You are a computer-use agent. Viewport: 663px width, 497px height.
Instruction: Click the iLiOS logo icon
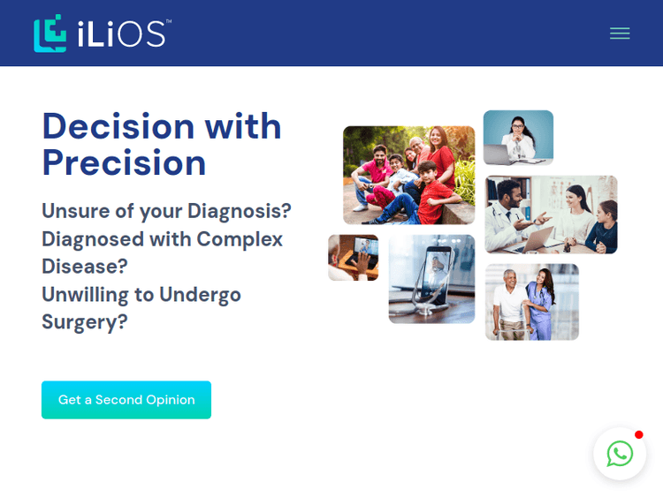coord(50,34)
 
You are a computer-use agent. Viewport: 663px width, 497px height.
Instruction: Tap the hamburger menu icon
coord(620,34)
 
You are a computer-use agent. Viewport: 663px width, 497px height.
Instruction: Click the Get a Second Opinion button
coord(126,400)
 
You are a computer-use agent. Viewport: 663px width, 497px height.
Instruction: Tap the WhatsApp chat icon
coord(620,454)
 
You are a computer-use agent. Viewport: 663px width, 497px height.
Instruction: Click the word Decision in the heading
coord(118,126)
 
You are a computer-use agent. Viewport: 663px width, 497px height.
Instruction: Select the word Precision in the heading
coord(124,162)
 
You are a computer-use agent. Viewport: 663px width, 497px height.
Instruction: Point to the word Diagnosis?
coord(240,211)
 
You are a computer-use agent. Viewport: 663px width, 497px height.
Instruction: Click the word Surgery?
coord(85,321)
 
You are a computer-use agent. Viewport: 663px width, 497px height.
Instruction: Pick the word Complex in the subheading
coord(240,239)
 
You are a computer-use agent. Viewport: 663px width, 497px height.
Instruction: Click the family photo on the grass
coord(408,175)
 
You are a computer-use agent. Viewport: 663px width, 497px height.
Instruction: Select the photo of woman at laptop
coord(518,138)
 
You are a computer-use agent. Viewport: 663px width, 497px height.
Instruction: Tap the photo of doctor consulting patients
coord(551,215)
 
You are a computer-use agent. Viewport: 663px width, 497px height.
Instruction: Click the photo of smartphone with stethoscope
coord(431,279)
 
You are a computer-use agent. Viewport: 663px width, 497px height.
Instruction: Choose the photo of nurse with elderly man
coord(532,302)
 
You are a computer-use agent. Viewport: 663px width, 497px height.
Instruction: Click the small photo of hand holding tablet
coord(353,257)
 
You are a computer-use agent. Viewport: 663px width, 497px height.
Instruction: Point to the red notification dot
coord(639,434)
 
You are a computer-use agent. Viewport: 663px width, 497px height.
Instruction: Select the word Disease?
coord(85,266)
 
